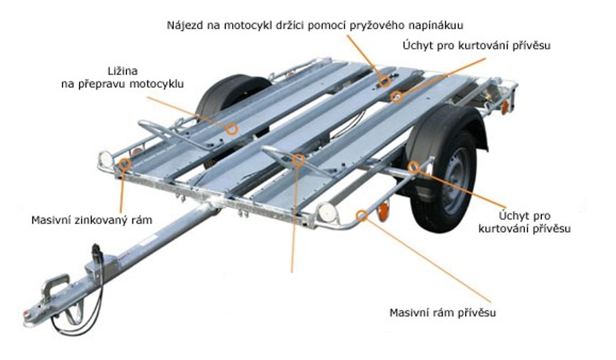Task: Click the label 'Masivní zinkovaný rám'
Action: click(x=91, y=220)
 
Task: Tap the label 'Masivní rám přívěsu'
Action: click(x=443, y=313)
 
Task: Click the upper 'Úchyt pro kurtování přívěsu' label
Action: click(x=476, y=45)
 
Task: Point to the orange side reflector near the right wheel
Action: click(x=383, y=212)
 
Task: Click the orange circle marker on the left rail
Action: click(x=232, y=128)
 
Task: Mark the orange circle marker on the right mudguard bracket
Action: click(x=413, y=167)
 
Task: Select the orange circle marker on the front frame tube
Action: click(x=362, y=214)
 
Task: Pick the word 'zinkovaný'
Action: click(x=103, y=220)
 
